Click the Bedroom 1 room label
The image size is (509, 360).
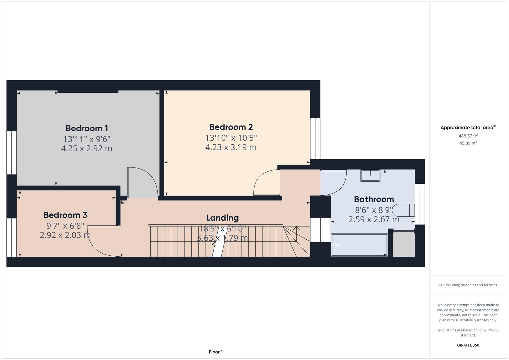(x=87, y=128)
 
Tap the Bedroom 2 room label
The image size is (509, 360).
(x=231, y=127)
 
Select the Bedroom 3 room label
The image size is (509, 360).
(x=65, y=215)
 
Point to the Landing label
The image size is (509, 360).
(x=222, y=218)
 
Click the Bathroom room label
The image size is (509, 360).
(x=374, y=199)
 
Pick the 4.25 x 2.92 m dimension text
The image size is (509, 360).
(x=87, y=148)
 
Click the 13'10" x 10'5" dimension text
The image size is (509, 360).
(x=231, y=138)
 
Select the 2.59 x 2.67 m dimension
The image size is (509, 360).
(x=374, y=219)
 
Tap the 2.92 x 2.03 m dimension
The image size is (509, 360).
(x=65, y=235)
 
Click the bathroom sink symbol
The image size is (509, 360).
(x=370, y=175)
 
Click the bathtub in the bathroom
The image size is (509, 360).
(x=359, y=245)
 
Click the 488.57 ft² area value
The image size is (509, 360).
(x=468, y=136)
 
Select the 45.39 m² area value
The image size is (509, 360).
(x=468, y=143)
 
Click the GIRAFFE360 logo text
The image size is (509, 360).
(x=468, y=345)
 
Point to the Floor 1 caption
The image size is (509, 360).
(x=216, y=352)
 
